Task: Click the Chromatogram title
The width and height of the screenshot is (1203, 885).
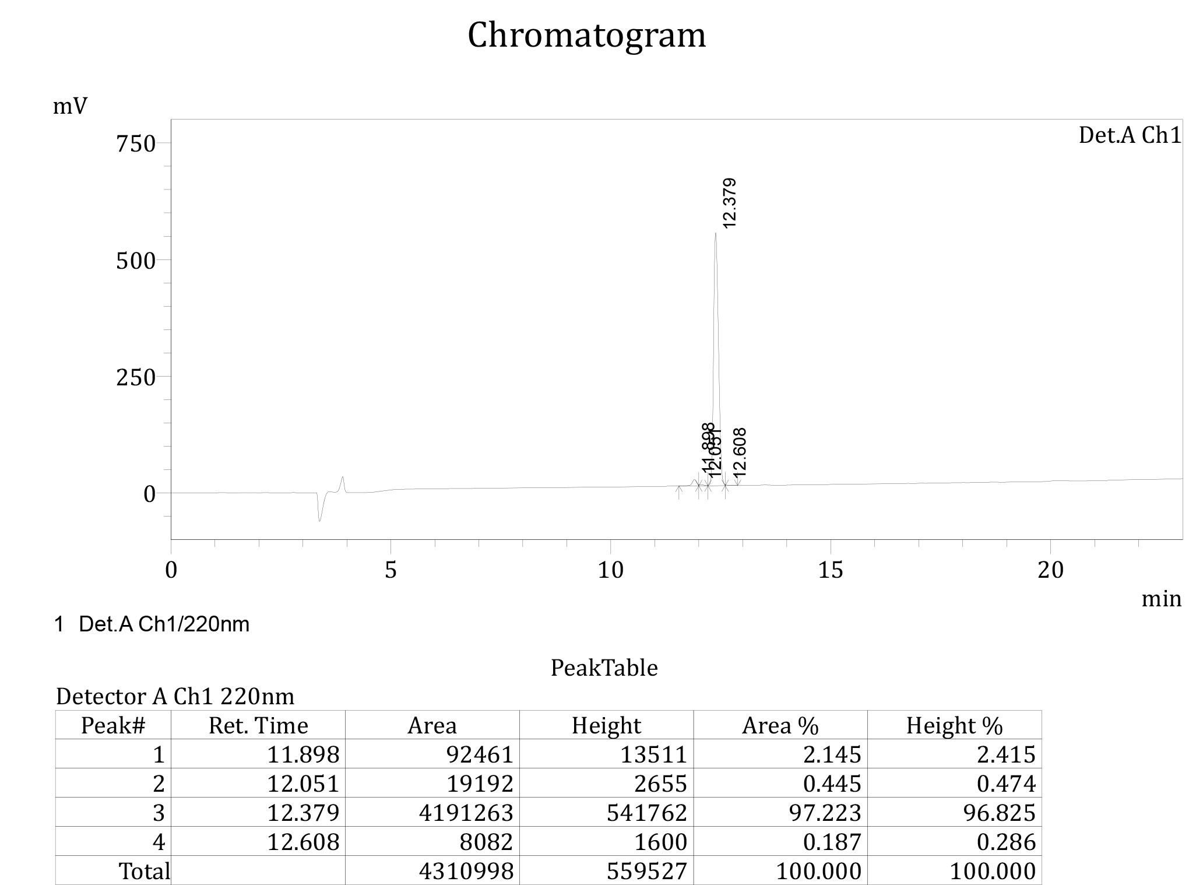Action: tap(586, 35)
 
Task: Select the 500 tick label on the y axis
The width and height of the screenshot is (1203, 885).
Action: tap(135, 261)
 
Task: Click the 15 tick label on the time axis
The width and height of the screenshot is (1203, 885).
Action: tap(830, 570)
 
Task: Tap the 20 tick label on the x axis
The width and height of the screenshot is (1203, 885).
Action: tap(1050, 570)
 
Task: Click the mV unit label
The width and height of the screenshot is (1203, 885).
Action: tap(70, 107)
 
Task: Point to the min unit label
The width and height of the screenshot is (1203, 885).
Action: tap(1161, 599)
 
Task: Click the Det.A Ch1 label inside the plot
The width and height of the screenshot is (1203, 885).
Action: tap(1130, 135)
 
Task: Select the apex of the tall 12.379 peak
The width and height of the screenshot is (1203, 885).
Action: tap(716, 234)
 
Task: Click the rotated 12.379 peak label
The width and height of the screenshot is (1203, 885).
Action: tap(729, 203)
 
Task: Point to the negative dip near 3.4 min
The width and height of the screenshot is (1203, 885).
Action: tap(319, 520)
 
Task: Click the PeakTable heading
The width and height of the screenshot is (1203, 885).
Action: tap(604, 668)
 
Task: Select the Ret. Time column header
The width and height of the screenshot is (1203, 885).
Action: tap(258, 725)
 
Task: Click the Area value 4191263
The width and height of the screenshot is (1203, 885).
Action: tap(466, 813)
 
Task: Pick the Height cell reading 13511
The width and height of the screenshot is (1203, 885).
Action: tap(653, 754)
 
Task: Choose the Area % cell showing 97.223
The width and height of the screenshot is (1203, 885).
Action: tap(825, 813)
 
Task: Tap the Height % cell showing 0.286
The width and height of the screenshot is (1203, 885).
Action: tap(1006, 842)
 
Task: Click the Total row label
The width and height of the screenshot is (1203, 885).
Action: tap(144, 871)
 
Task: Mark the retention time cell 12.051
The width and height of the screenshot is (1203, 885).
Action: tap(302, 784)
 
